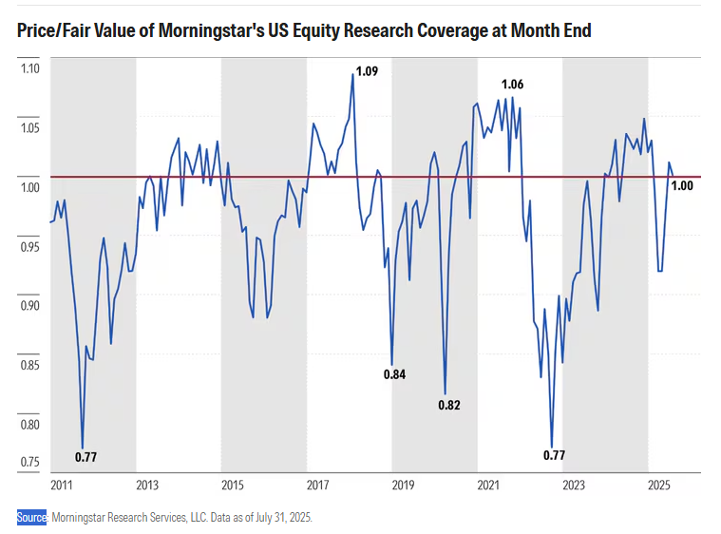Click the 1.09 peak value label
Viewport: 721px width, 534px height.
coord(367,71)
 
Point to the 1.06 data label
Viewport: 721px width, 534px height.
coord(512,85)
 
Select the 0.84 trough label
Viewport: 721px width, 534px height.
coord(394,374)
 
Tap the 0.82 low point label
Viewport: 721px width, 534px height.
coord(449,406)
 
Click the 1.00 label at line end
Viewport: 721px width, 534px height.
coord(682,186)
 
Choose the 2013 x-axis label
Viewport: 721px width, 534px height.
coord(147,486)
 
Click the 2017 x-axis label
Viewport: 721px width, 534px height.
coord(317,486)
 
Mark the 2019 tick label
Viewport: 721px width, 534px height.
coord(403,486)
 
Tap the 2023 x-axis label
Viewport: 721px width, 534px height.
coord(574,486)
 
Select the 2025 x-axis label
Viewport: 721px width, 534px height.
coord(659,486)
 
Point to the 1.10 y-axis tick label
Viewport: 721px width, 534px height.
coord(30,69)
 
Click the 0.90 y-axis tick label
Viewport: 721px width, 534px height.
coord(30,306)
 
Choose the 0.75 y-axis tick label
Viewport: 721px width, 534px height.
coord(30,464)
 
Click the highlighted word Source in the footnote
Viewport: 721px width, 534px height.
coord(31,518)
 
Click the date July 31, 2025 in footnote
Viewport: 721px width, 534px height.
coord(279,518)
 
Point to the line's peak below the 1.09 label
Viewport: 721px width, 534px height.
coord(352,74)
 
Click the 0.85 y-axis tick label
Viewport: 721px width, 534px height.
coord(30,366)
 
